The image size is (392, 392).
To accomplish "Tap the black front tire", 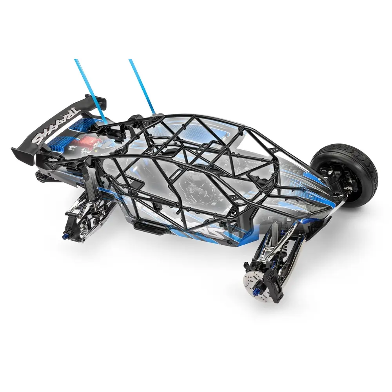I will (345, 172).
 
